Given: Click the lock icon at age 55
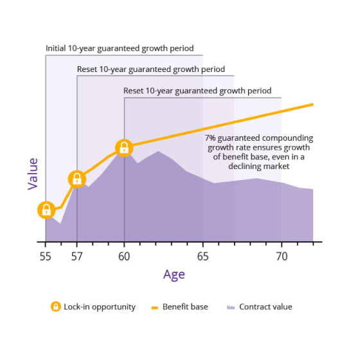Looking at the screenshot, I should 46,210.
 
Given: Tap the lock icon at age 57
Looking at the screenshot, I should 77,179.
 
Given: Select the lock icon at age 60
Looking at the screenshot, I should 124,148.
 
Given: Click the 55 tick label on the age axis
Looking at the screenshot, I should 46,256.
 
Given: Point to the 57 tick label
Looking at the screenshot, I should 77,256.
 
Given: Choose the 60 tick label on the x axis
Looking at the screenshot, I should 124,256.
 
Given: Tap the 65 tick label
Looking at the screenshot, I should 203,256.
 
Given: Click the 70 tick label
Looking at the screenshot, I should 282,256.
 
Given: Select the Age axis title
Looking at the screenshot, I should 174,274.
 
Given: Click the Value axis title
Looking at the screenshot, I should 33,174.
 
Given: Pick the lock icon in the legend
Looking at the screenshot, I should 56,307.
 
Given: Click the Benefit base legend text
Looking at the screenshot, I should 185,307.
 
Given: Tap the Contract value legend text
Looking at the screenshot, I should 265,307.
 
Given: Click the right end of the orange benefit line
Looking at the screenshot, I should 312,104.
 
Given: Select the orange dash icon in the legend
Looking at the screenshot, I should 154,307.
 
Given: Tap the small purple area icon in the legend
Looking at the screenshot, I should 230,307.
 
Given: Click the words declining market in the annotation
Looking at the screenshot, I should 258,166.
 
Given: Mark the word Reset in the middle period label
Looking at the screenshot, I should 88,69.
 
